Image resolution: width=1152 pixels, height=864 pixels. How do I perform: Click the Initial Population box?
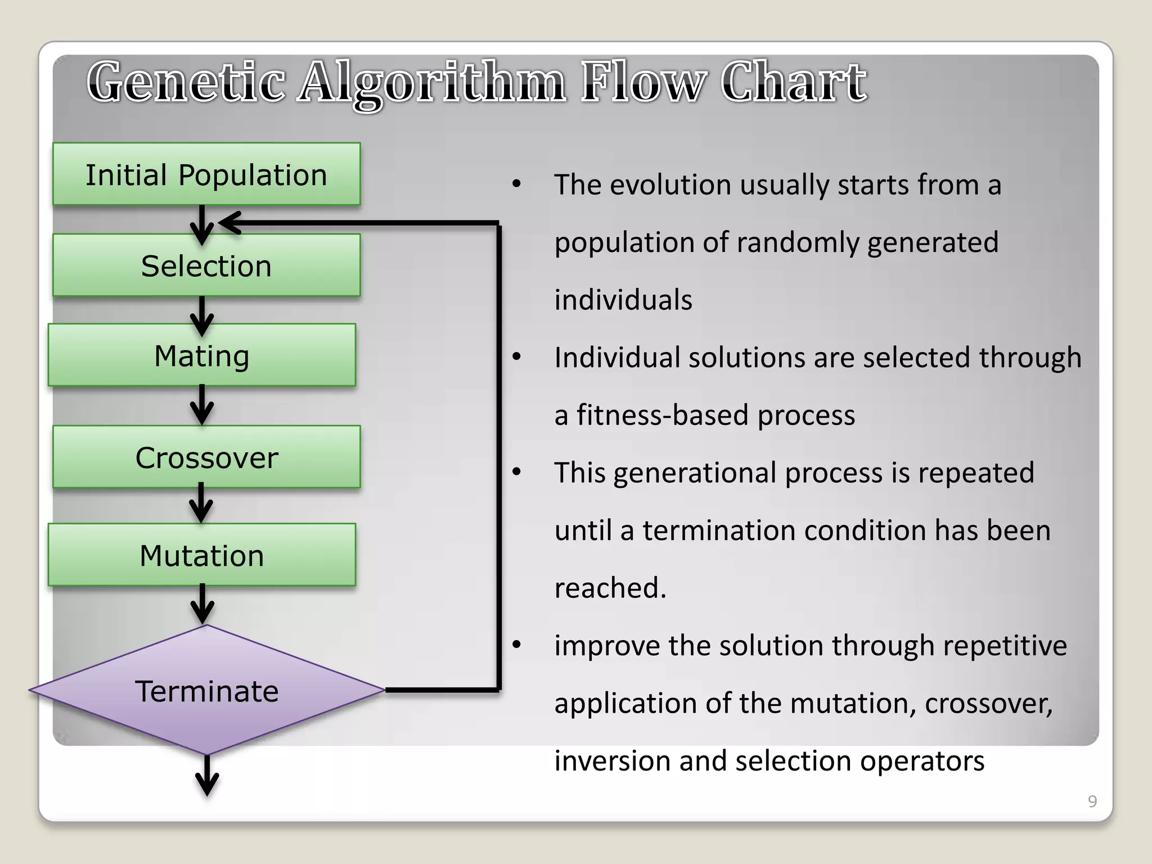click(206, 174)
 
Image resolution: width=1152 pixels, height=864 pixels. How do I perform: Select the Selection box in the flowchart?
click(206, 265)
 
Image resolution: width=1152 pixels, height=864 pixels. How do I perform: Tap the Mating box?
click(202, 355)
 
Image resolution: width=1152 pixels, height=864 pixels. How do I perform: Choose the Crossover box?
click(206, 457)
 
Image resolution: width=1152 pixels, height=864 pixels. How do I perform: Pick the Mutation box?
click(202, 555)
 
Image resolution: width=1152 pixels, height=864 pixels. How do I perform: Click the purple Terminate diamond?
click(206, 691)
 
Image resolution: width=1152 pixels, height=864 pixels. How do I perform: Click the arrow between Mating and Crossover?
click(202, 405)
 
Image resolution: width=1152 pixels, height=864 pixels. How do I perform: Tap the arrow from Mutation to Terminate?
click(202, 604)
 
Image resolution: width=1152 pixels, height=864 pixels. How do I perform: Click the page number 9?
click(1092, 801)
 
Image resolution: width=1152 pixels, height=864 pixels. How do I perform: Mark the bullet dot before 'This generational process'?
click(517, 471)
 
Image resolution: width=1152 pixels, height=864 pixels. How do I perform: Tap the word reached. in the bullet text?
click(610, 588)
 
